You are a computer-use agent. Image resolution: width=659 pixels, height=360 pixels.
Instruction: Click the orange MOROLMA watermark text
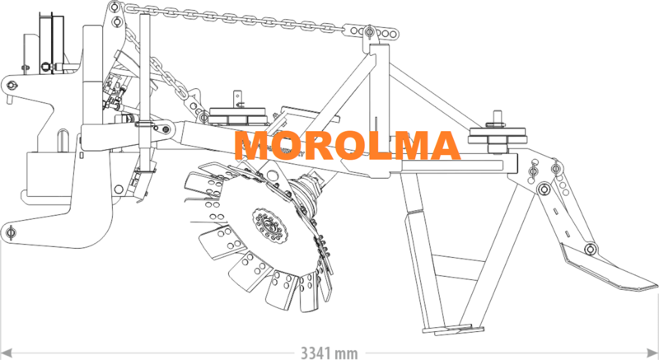click(347, 145)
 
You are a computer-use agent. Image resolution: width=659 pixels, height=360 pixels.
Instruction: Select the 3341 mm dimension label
click(329, 353)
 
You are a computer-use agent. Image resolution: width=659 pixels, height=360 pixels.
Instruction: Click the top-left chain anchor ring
click(113, 7)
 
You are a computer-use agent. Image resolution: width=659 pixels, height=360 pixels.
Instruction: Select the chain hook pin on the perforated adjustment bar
click(369, 31)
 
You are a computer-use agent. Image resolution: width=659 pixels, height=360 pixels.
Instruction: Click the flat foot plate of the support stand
click(453, 330)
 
